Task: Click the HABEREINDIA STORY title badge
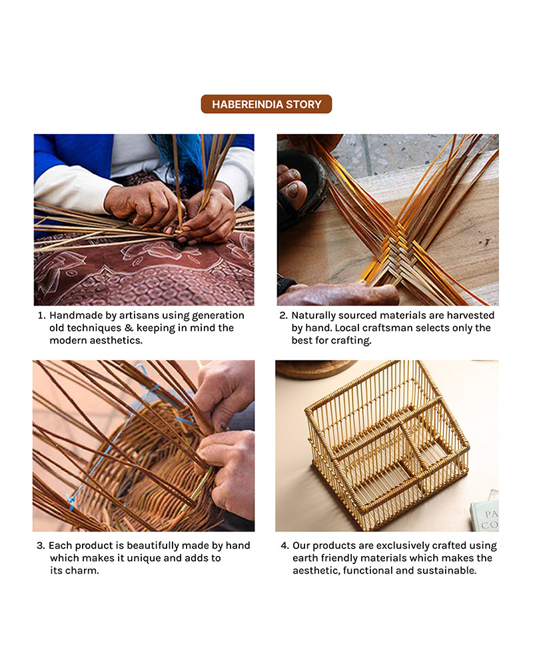266,104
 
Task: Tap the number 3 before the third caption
41,545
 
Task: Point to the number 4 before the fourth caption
284,545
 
